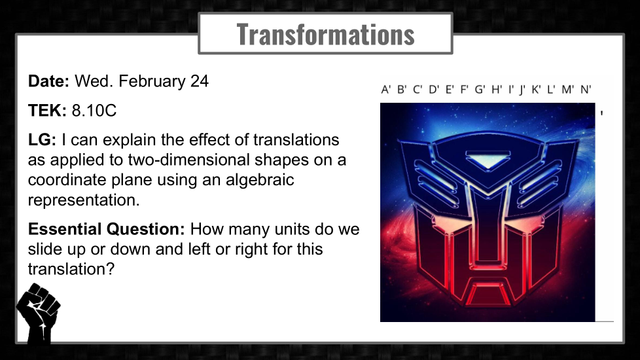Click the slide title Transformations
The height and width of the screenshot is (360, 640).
click(x=325, y=34)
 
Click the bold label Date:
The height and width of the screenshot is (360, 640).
click(x=48, y=81)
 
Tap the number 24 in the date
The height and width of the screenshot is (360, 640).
click(x=199, y=81)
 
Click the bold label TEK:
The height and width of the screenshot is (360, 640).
click(x=47, y=111)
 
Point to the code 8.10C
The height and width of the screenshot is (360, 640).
click(x=94, y=111)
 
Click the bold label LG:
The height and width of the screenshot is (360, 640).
click(x=42, y=140)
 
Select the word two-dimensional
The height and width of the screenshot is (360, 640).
click(x=188, y=160)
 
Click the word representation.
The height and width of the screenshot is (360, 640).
click(x=84, y=200)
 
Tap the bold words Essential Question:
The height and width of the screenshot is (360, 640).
click(x=107, y=229)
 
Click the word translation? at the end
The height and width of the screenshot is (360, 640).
click(x=71, y=270)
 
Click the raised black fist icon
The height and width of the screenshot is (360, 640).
click(x=38, y=313)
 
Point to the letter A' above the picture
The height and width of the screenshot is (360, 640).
click(x=385, y=90)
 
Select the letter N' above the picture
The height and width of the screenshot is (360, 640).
click(x=586, y=90)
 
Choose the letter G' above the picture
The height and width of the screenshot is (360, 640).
click(x=480, y=90)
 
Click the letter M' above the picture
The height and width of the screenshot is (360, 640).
click(x=568, y=90)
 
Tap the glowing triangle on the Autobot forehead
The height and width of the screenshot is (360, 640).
click(x=488, y=160)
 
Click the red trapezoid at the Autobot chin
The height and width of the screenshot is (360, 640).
click(x=488, y=293)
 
